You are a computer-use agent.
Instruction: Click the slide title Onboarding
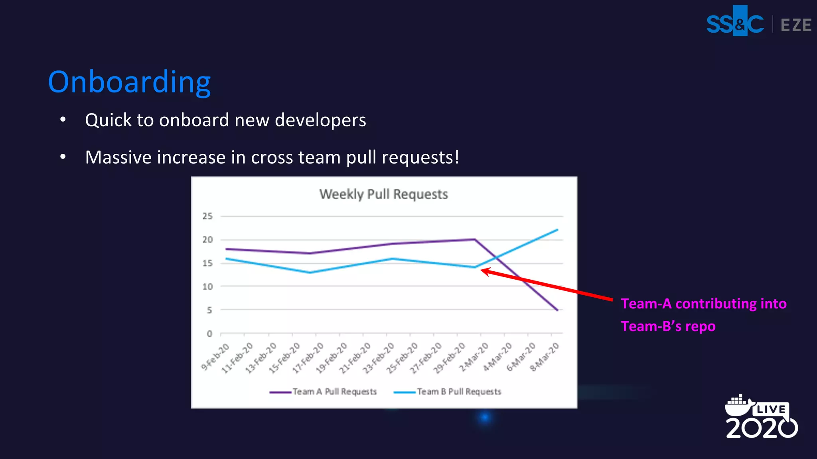point(129,82)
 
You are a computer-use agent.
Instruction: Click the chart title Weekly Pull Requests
point(383,194)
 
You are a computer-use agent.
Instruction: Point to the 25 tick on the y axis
point(207,216)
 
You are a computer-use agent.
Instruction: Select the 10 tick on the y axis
point(207,286)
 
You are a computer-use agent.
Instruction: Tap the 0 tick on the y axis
point(209,333)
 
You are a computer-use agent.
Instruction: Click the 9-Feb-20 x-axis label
point(215,357)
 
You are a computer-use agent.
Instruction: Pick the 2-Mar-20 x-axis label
point(474,357)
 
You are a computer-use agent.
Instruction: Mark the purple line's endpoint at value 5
point(557,310)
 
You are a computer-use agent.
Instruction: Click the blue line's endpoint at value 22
point(557,230)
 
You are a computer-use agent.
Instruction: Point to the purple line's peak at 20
point(474,239)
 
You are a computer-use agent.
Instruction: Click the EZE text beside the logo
point(795,25)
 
